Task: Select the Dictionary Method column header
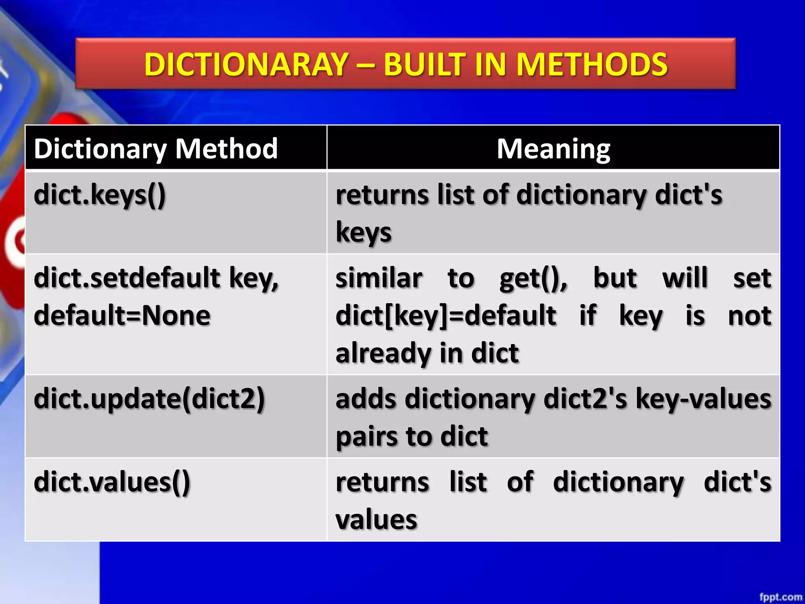coord(156,149)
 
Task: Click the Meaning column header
coord(553,149)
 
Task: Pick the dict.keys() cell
coord(100,195)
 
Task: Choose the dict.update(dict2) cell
coord(149,399)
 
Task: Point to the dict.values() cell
coord(112,482)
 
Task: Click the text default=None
coord(122,315)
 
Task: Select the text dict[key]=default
coord(446,315)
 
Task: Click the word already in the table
coord(383,353)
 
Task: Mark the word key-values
coord(703,399)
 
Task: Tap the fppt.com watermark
coord(781,597)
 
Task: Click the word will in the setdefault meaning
coord(685,278)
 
